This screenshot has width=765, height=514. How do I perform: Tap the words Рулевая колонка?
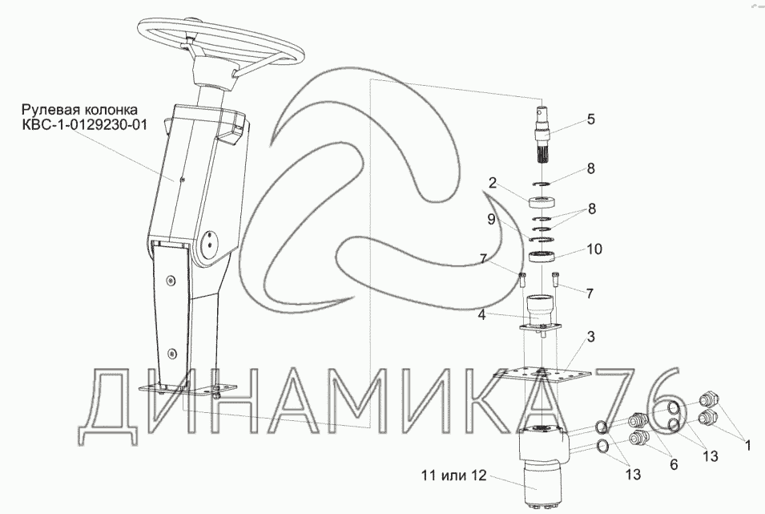click(80, 109)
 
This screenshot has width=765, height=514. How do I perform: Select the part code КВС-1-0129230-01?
click(84, 125)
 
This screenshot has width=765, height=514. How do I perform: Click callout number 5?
click(591, 119)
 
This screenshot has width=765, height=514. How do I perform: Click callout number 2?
click(493, 183)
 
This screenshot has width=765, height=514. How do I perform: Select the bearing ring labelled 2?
click(542, 201)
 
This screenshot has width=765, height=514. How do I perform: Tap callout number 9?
click(491, 219)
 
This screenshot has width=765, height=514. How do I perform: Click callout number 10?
click(594, 249)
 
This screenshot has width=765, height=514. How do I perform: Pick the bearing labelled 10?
click(542, 257)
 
